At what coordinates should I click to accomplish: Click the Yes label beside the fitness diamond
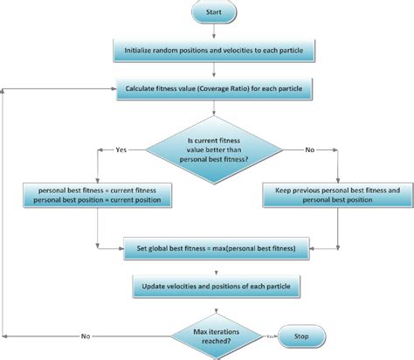[x=121, y=150]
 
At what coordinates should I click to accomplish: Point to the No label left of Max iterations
[x=86, y=336]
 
